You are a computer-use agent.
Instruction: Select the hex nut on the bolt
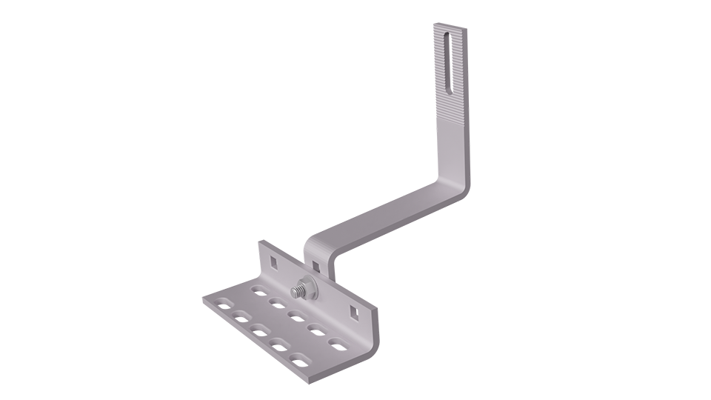(x=305, y=287)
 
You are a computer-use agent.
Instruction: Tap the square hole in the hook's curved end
(x=316, y=264)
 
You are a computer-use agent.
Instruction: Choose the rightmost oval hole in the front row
(x=301, y=360)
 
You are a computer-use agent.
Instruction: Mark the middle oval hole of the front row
(x=258, y=328)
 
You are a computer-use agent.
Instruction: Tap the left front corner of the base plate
(x=204, y=301)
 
